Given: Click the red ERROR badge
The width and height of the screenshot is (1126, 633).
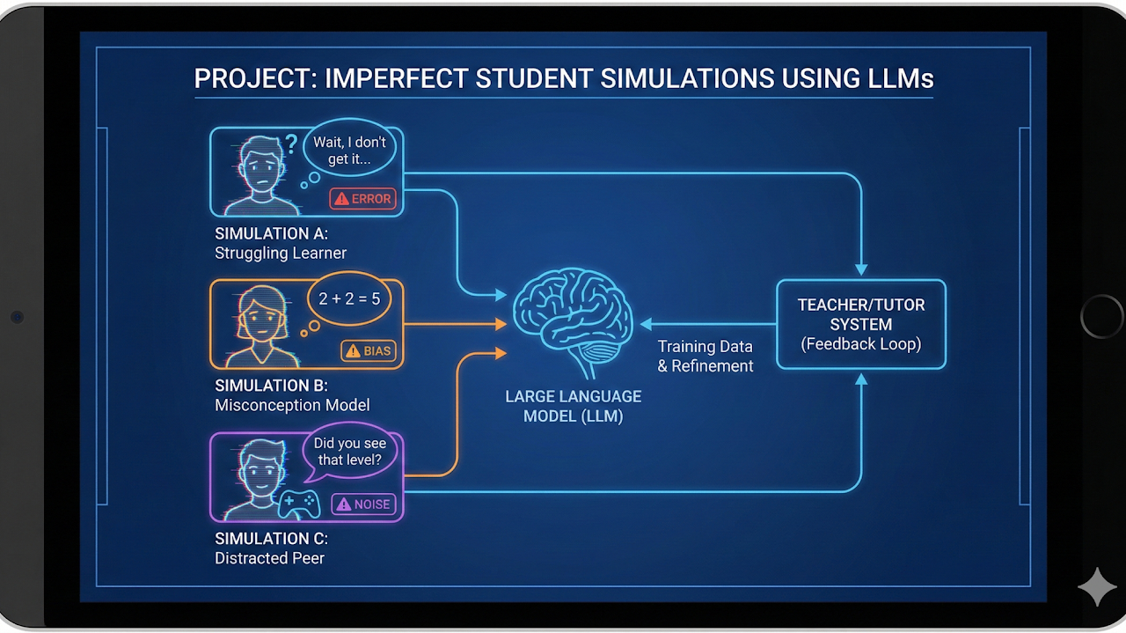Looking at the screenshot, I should pos(362,199).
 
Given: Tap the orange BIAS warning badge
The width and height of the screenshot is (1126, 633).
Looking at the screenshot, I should pos(368,351).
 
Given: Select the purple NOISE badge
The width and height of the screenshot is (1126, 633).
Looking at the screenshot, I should pos(363,505).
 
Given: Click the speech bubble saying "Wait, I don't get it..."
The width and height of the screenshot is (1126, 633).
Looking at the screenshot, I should pos(349,151).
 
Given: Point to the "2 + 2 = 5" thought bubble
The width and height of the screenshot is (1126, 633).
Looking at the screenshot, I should pos(349,299).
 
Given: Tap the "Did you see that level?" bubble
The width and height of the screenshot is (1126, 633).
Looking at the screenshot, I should pos(349,453).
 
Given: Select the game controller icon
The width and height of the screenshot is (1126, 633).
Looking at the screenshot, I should pos(299,503).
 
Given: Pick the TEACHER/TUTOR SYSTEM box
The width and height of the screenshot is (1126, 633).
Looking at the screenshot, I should pos(860,324).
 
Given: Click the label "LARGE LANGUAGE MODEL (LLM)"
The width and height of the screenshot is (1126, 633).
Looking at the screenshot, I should pos(573,406).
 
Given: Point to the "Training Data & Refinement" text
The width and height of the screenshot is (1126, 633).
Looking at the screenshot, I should pos(706,356).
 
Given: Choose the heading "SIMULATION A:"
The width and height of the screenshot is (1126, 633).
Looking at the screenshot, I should pos(271,234).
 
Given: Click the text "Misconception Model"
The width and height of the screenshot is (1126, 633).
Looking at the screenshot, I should pos(292,405).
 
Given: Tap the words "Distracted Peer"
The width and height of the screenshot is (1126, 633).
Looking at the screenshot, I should pos(269,558).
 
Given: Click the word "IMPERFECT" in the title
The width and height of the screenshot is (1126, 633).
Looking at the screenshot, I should pos(396,78).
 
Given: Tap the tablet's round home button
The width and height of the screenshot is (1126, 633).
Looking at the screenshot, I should pos(1101,316).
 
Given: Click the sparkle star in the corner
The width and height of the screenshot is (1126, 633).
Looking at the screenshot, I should pos(1097,587).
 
